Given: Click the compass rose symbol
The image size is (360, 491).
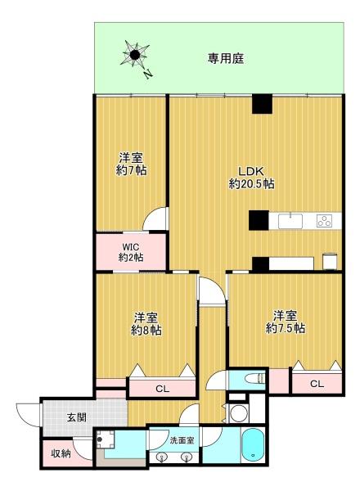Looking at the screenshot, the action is tap(135, 55).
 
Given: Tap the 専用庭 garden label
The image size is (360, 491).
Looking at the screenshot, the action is tap(226, 59).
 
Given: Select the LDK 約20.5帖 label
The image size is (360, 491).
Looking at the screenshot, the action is tap(252, 178).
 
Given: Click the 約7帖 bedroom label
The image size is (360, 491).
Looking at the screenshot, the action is tap(131, 164).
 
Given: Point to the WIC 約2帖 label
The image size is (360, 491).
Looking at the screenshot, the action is tap(131, 252).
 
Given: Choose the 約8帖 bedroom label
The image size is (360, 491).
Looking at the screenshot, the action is tap(146, 324).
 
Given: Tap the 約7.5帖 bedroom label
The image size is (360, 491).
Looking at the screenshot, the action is tap(286, 322).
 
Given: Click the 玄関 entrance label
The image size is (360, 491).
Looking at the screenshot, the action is tap(76, 417).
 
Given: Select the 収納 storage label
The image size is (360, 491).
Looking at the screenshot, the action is tap(61, 453).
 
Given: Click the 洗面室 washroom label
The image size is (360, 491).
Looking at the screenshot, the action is tap(182, 440).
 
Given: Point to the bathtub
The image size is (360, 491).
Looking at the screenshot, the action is tap(254, 445).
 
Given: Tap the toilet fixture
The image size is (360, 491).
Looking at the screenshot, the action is tap(254, 379).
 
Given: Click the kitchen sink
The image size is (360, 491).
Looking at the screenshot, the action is tap(290, 221).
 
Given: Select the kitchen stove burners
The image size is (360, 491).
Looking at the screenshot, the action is tap(324, 221).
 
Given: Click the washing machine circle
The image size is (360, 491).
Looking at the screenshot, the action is tap(239, 413).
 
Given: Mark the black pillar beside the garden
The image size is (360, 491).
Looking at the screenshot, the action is tap(262, 104).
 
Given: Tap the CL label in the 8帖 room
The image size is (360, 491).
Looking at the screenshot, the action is tap(162, 389).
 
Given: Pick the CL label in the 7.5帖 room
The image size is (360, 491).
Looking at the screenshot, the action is tap(317, 383).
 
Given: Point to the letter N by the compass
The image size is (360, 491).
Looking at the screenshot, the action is tap(148, 74).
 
